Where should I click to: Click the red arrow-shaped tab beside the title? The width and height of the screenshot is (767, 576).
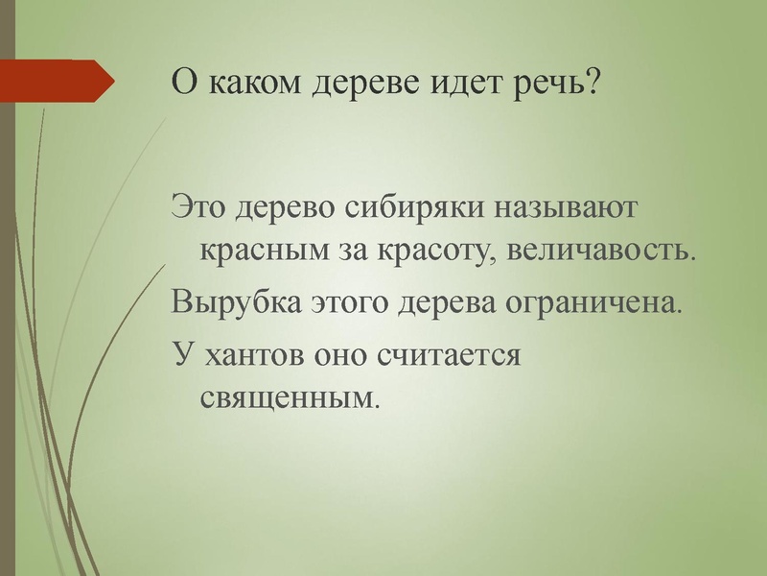click(x=53, y=81)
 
